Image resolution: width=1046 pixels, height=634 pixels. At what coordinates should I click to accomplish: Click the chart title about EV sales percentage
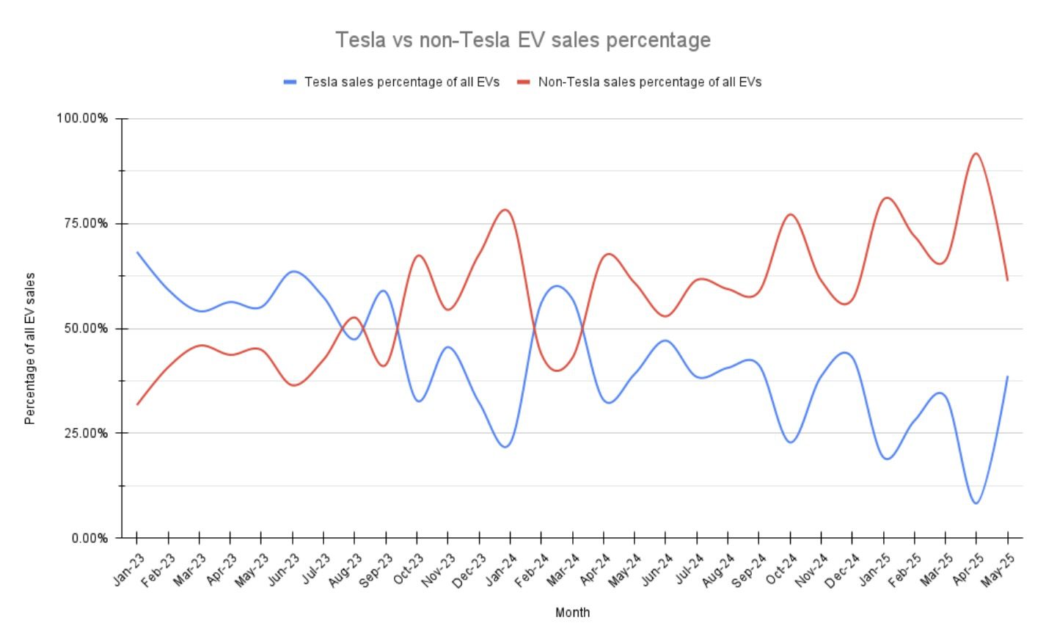[523, 40]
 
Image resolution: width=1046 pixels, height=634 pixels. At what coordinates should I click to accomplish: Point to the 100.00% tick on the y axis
[82, 119]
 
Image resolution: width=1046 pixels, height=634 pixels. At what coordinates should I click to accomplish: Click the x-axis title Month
[572, 612]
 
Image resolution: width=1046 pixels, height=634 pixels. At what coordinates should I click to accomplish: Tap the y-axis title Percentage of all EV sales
[30, 349]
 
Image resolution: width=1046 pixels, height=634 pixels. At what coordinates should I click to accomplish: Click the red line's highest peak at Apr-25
[976, 153]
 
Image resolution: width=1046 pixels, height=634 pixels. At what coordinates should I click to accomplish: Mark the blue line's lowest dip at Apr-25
[976, 503]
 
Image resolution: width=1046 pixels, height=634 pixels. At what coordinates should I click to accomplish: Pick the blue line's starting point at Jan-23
[137, 252]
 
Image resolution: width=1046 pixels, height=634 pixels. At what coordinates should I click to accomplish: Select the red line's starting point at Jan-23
[137, 404]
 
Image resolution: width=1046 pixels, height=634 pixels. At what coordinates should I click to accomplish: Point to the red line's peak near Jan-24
[505, 210]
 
